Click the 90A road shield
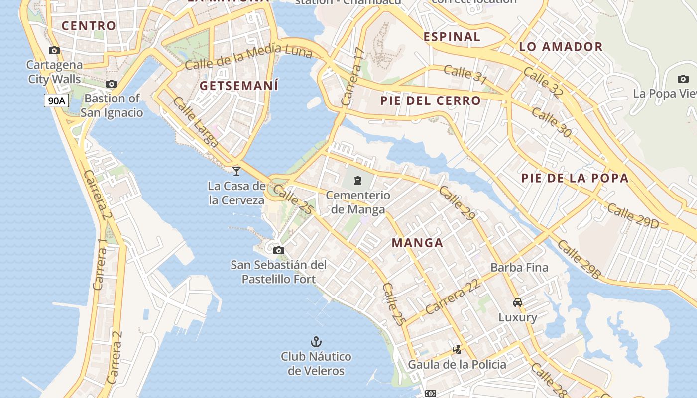point(56,101)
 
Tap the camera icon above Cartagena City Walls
point(54,50)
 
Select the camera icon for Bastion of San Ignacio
point(112,84)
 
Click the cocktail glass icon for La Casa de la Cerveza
point(236,171)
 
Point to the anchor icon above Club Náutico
point(316,341)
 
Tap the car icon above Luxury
point(518,302)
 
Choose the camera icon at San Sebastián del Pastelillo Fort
point(279,250)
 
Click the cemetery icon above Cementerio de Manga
point(358,180)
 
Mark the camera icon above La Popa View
point(683,79)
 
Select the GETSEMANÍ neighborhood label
point(239,86)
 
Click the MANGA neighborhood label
point(417,243)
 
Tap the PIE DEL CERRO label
point(431,100)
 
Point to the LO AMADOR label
point(561,47)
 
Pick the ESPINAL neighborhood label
point(452,36)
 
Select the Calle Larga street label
point(196,122)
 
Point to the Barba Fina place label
point(519,267)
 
